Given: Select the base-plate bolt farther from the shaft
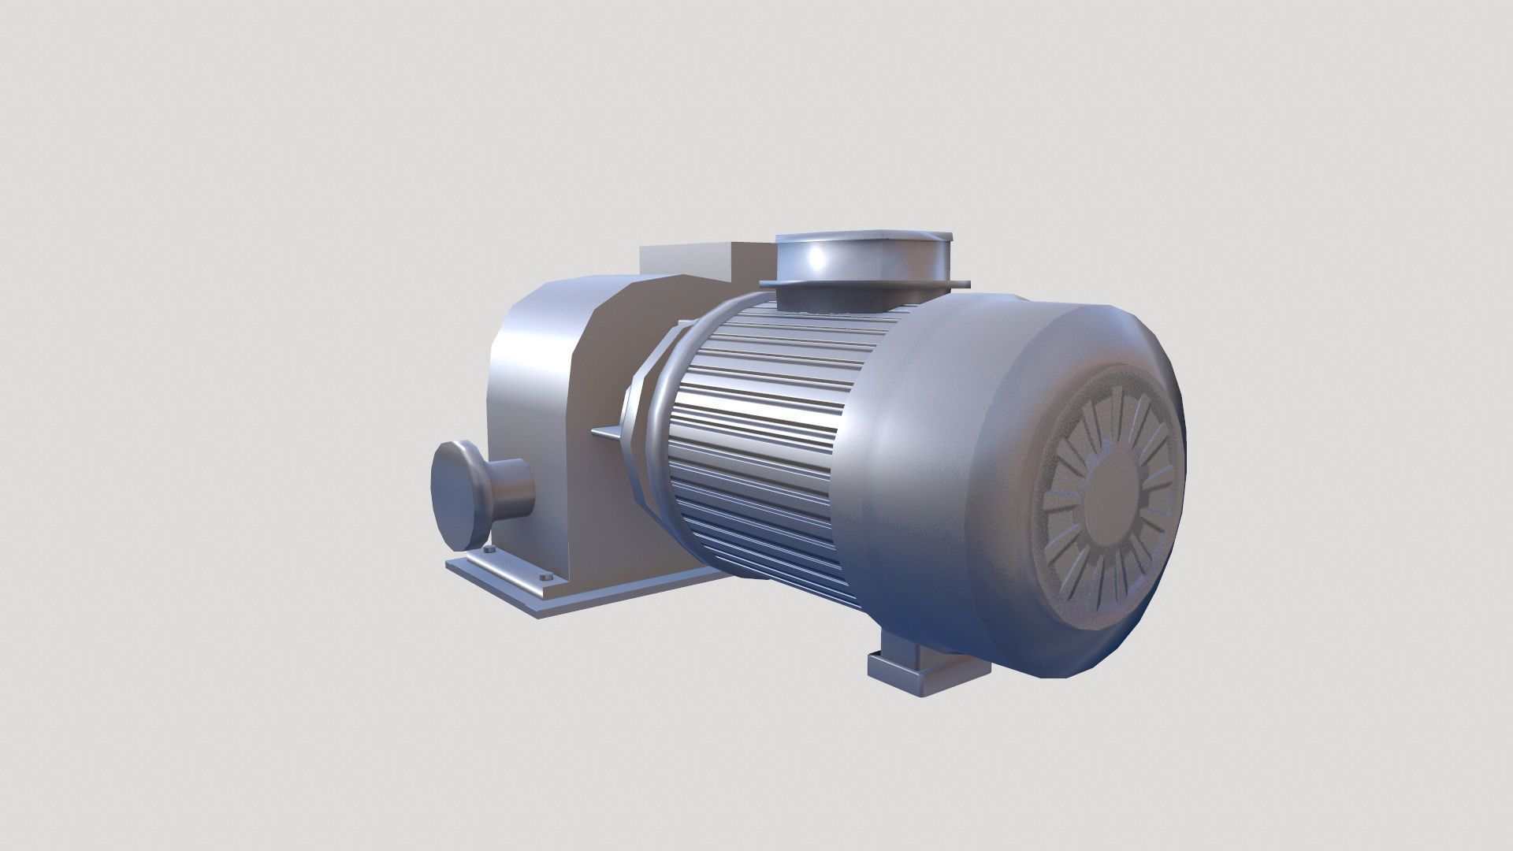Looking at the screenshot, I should click(x=545, y=577).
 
